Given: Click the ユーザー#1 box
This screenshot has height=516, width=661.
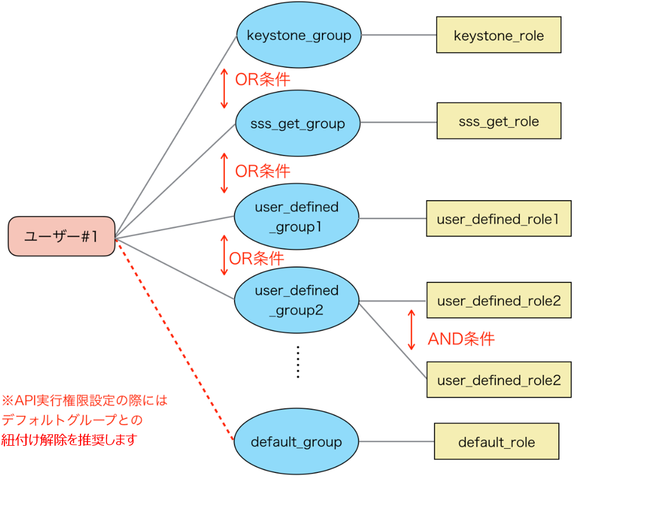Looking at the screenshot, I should tap(61, 236).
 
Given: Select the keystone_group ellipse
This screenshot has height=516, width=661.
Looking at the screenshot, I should tap(298, 35).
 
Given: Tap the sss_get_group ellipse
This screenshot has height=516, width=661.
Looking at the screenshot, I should tap(297, 123).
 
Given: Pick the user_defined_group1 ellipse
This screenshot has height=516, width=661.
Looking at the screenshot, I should tap(296, 217).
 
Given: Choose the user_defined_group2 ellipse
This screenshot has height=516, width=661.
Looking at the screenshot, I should tap(296, 300).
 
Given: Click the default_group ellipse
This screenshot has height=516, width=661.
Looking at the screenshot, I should tap(296, 442).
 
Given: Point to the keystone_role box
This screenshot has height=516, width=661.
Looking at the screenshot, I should tap(498, 35).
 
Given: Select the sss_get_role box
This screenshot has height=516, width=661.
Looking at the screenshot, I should tap(498, 121).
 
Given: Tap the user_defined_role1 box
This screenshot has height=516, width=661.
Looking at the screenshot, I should tap(498, 218).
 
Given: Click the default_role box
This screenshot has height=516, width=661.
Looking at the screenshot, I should tap(496, 441).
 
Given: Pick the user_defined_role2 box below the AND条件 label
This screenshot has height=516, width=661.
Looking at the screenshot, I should tap(498, 380).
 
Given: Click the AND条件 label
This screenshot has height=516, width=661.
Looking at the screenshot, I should tap(461, 339).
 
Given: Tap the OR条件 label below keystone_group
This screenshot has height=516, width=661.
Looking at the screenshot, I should tap(262, 80).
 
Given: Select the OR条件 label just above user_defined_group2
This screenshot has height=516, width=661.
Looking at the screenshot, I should tap(256, 258).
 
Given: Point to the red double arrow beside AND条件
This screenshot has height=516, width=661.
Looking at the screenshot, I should tap(411, 329).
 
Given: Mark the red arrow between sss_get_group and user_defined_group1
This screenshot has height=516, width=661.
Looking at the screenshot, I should tap(224, 172).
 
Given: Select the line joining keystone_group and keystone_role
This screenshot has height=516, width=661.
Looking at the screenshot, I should tap(399, 35).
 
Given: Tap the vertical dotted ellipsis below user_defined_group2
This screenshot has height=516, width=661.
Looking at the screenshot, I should tap(297, 362).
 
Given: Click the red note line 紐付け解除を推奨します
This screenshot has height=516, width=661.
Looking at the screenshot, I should tap(69, 439).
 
